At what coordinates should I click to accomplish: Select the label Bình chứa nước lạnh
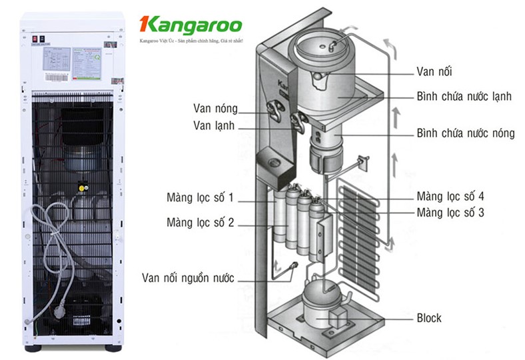click(x=464, y=97)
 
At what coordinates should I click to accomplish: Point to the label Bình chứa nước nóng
click(x=465, y=133)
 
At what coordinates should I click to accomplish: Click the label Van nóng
click(x=215, y=108)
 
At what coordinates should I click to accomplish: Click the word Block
click(x=428, y=317)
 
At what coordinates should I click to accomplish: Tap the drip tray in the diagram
click(x=271, y=161)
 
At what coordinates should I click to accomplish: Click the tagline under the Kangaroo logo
click(x=191, y=41)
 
